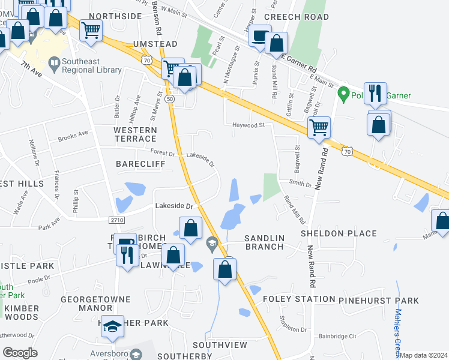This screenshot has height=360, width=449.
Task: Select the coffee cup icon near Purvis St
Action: tap(260, 35)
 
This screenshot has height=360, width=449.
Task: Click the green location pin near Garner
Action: tap(343, 94)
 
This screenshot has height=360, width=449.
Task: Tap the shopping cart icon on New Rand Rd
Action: tap(319, 126)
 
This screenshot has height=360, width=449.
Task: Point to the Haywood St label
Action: tap(249, 125)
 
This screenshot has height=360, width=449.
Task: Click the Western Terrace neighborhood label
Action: tap(135, 134)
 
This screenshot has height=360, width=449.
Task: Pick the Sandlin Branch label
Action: tap(264, 242)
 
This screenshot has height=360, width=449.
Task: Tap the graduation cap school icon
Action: tap(111, 326)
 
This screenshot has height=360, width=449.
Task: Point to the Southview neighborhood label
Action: tap(220, 345)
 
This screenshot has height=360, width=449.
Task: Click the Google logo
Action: tap(20, 353)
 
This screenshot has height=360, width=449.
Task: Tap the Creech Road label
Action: tap(297, 17)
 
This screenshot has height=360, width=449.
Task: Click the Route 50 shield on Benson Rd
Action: tap(170, 98)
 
